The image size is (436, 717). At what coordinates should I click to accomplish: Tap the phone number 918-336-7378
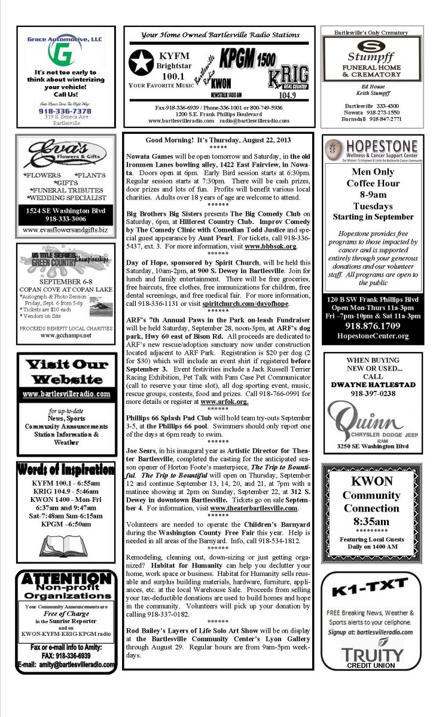point(65,111)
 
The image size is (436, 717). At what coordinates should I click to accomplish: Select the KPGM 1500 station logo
point(247,59)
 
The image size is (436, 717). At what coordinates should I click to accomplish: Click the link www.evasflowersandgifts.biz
point(65,229)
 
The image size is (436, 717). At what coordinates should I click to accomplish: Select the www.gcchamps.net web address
point(65,335)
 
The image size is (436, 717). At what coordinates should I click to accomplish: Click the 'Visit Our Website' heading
point(66,372)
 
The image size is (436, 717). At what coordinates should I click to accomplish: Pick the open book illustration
point(65,544)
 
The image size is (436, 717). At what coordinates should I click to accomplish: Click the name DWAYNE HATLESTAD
point(373,385)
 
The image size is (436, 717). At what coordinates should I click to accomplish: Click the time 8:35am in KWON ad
point(373,521)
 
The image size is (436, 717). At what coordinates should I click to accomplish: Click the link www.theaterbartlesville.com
point(254,508)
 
